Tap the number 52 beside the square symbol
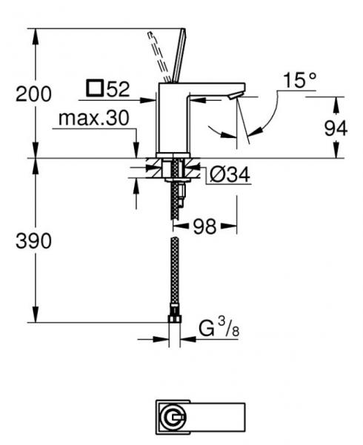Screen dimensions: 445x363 coord(117,90)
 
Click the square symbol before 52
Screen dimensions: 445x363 coord(94,90)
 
